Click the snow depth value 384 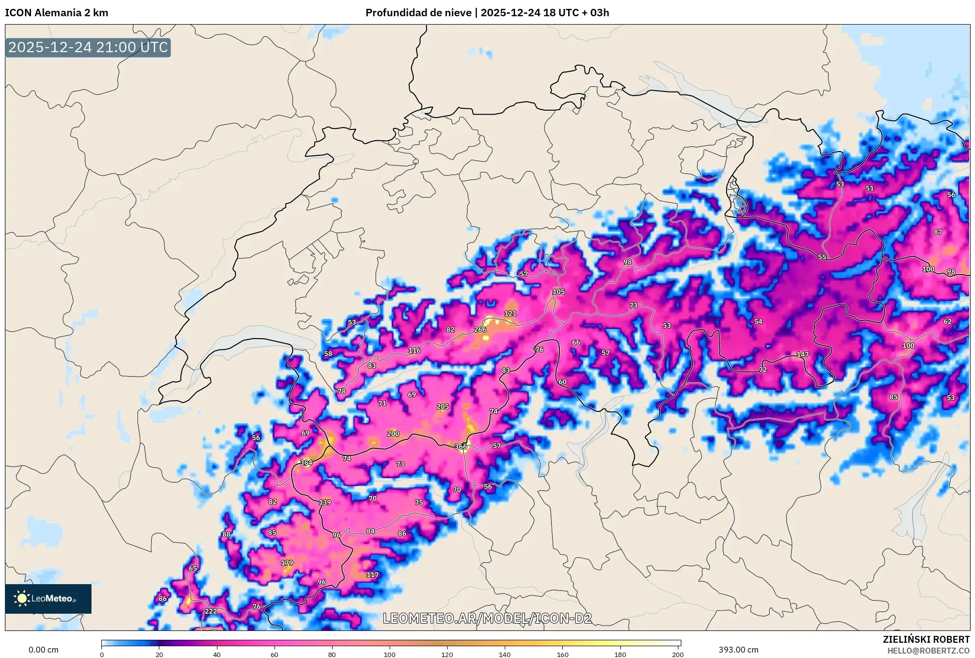(x=306, y=463)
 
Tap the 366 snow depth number (x=460, y=446)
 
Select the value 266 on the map (x=480, y=330)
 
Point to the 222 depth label (x=211, y=611)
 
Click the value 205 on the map (x=442, y=407)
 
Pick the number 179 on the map (x=287, y=563)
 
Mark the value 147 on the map (x=802, y=354)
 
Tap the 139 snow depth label (x=325, y=502)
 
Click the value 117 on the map (x=372, y=575)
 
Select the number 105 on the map (x=558, y=291)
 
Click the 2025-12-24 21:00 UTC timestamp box (x=88, y=47)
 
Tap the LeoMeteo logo (x=48, y=598)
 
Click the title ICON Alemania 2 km (x=57, y=13)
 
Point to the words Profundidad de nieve (x=418, y=13)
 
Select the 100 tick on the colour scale (x=389, y=655)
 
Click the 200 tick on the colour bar (x=677, y=655)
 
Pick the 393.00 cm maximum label (x=738, y=650)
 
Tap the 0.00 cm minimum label (x=43, y=650)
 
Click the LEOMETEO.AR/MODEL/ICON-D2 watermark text (x=487, y=618)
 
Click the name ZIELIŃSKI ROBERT (x=926, y=639)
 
